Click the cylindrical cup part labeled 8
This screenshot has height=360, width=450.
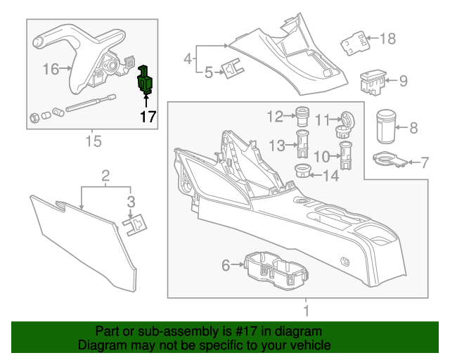pyautogui.click(x=385, y=127)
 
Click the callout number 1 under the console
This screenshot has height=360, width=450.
pyautogui.click(x=305, y=310)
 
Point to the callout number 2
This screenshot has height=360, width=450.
pyautogui.click(x=105, y=174)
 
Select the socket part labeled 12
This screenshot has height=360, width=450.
pyautogui.click(x=303, y=115)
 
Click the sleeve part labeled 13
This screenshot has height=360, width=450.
pyautogui.click(x=303, y=144)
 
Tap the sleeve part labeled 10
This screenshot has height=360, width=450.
pyautogui.click(x=346, y=154)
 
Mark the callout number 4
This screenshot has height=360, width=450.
pyautogui.click(x=188, y=58)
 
